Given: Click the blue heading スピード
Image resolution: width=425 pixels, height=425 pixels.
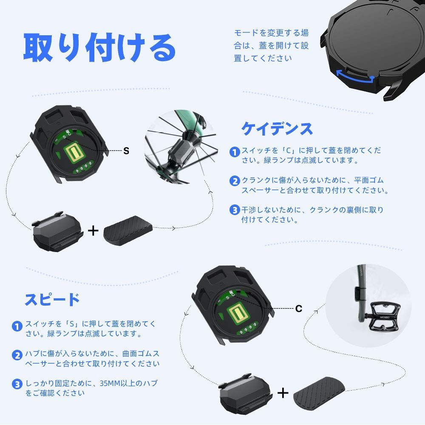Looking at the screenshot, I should click(x=52, y=299).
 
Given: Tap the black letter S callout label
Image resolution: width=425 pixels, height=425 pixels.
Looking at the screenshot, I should click(x=126, y=151).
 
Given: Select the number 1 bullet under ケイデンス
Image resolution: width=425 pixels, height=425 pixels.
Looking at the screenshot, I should click(x=235, y=152).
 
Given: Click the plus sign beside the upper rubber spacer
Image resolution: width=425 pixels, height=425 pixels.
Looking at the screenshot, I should click(x=93, y=231).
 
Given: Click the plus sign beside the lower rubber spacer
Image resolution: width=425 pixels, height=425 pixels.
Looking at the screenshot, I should click(x=282, y=393).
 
